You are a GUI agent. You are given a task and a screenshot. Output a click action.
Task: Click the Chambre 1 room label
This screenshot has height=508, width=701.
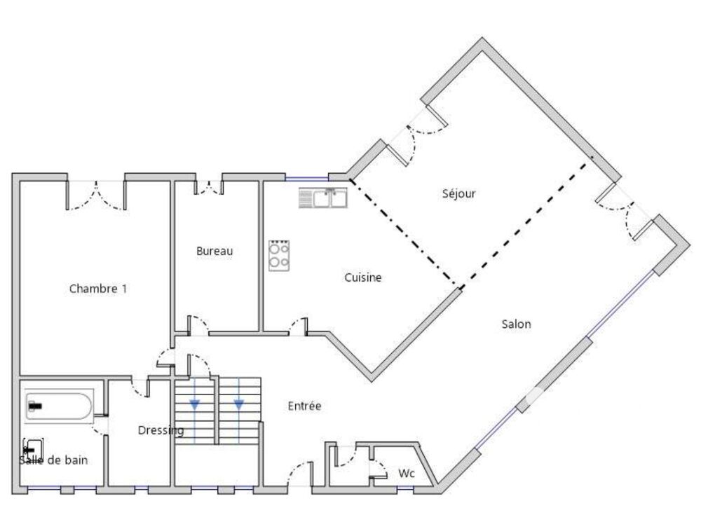pos(98,289)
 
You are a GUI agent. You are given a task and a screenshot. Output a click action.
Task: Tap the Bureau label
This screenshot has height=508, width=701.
pos(214,251)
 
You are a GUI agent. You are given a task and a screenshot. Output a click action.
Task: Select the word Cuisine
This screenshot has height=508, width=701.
pos(363,277)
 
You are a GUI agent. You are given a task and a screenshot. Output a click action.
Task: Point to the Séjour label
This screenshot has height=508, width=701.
pos(459,193)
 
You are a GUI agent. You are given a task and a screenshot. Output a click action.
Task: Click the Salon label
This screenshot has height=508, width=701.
pos(517,324)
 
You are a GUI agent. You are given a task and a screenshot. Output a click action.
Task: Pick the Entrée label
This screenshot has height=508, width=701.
pos(305,406)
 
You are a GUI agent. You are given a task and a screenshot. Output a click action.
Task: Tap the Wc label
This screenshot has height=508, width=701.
pos(407,474)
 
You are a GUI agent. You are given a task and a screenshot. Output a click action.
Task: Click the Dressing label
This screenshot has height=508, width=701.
pos(161,430)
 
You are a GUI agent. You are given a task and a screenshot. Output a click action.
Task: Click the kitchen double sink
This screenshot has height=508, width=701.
pos(323,198)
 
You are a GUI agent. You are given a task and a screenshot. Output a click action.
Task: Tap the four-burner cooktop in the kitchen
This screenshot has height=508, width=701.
pos(280,255)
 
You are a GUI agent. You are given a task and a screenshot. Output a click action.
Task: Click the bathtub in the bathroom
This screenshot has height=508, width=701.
pos(59,406)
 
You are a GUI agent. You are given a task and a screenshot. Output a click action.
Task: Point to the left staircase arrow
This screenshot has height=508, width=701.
pos(194,404)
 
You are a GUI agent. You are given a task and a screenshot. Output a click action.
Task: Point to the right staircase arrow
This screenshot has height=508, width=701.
pos(239,404)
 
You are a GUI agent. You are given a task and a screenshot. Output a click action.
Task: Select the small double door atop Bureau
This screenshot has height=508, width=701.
pos(207,187)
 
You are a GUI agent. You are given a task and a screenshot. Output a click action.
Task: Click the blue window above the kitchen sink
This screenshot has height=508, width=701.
pos(306,178)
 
